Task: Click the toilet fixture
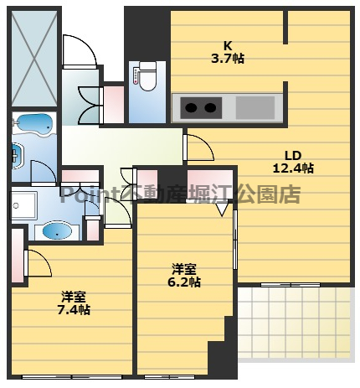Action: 147,76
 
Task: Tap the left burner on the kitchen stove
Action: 190,107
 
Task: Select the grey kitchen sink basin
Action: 250,107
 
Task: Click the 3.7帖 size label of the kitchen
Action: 227,59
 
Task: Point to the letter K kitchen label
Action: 227,45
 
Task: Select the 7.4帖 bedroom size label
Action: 74,309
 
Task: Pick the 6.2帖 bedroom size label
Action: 184,282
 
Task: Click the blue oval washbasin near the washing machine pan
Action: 56,230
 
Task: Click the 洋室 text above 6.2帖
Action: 184,268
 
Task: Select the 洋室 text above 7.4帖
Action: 74,296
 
